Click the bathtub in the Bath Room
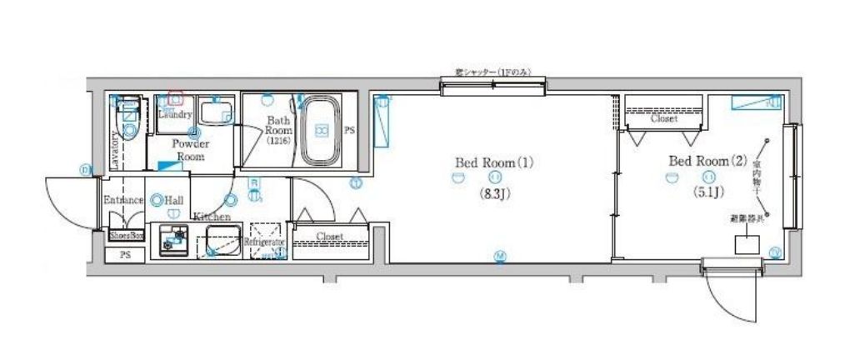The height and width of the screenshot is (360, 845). (x=322, y=131)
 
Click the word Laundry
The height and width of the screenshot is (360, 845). (x=175, y=115)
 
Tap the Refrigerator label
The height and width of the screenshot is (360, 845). (x=265, y=242)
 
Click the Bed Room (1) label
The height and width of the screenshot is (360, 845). (x=493, y=162)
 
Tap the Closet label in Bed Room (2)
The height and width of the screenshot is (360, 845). (x=663, y=119)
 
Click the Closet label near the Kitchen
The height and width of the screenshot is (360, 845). (x=330, y=237)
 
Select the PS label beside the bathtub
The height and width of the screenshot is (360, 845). (x=349, y=131)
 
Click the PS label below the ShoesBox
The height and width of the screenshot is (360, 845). (x=126, y=253)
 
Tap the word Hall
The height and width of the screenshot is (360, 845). (x=174, y=201)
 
